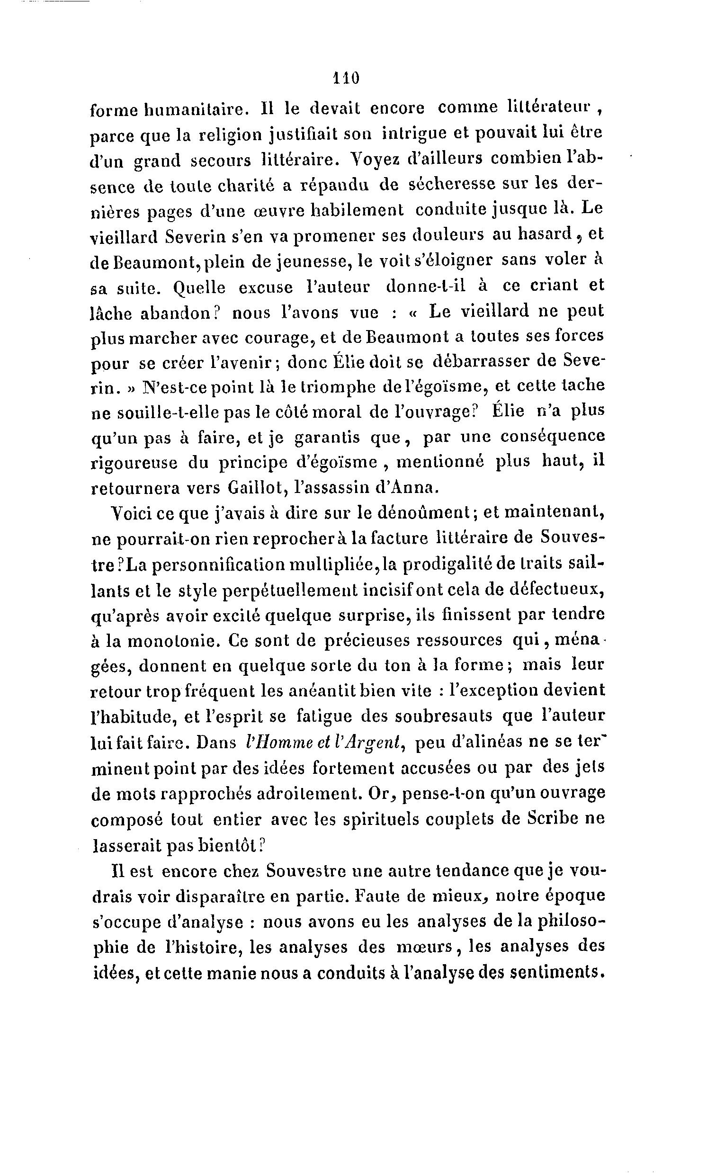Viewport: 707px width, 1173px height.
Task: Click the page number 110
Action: [x=346, y=78]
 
